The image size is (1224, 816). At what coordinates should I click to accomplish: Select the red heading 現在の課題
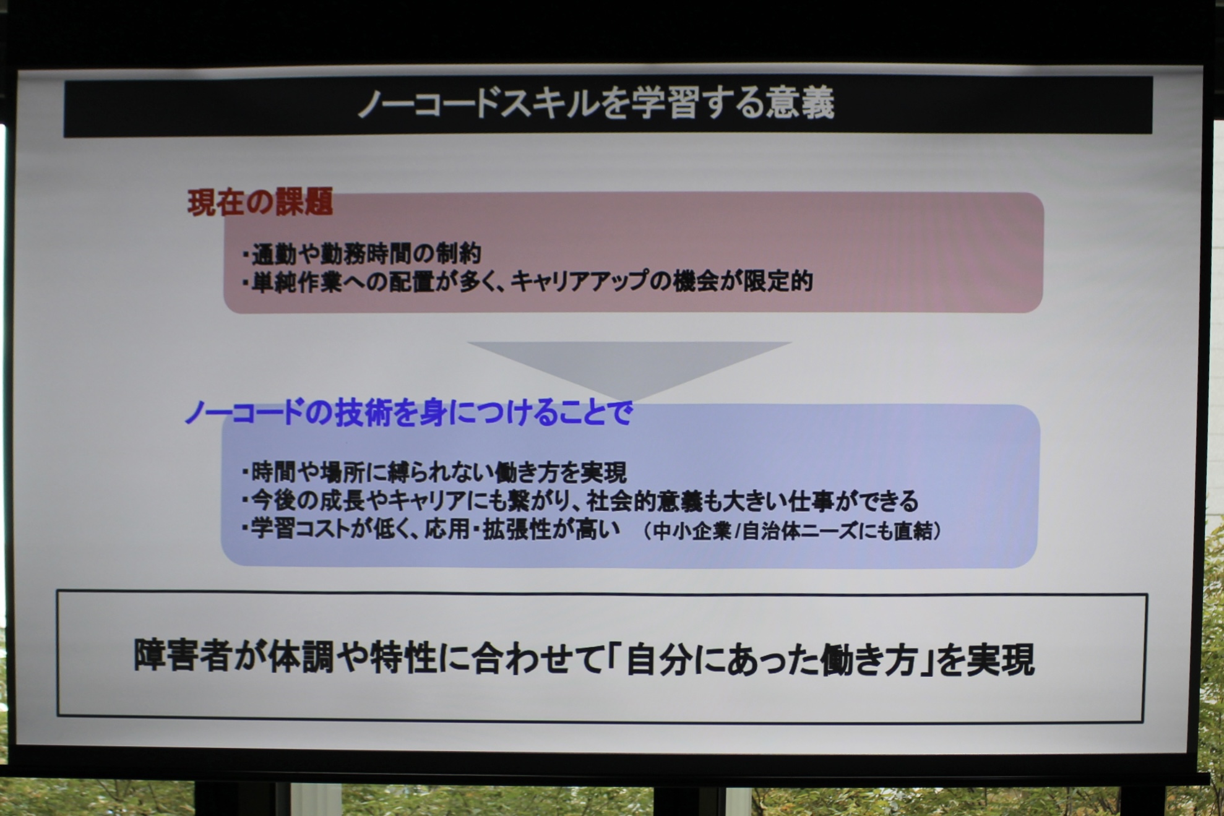click(261, 202)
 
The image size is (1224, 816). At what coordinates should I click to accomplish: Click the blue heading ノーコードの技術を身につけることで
click(409, 412)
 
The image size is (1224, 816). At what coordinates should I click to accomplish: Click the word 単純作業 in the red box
click(297, 282)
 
